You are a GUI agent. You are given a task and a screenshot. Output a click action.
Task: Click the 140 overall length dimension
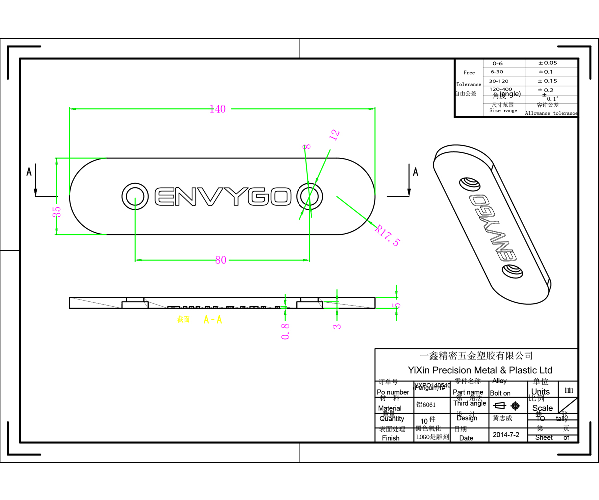[x=218, y=109]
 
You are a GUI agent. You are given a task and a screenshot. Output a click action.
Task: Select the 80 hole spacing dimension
[x=220, y=260]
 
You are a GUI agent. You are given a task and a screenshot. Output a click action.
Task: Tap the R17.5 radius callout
[x=388, y=236]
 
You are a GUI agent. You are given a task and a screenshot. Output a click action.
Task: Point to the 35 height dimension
[x=57, y=211]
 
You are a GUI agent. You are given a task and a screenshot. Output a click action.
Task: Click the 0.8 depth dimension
[x=285, y=332]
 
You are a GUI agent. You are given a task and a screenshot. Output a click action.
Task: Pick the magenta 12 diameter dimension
[x=334, y=135]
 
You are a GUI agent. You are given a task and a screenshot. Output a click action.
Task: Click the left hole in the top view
[x=135, y=196]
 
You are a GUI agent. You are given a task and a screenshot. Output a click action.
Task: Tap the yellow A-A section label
[x=212, y=320]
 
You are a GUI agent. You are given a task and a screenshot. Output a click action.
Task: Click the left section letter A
[x=29, y=172]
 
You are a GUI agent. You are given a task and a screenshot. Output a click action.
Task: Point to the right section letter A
[x=415, y=172]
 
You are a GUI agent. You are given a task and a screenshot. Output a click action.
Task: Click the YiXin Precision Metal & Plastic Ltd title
[x=480, y=370]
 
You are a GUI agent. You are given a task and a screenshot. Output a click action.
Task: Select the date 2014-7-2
[x=506, y=435]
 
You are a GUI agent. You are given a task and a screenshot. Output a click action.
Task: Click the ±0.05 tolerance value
[x=547, y=63]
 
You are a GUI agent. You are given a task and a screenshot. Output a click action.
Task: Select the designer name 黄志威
[x=502, y=418]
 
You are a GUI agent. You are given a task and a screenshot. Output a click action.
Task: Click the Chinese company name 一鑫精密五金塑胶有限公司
[x=476, y=356]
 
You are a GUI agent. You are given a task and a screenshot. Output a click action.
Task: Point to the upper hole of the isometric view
[x=469, y=184]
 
